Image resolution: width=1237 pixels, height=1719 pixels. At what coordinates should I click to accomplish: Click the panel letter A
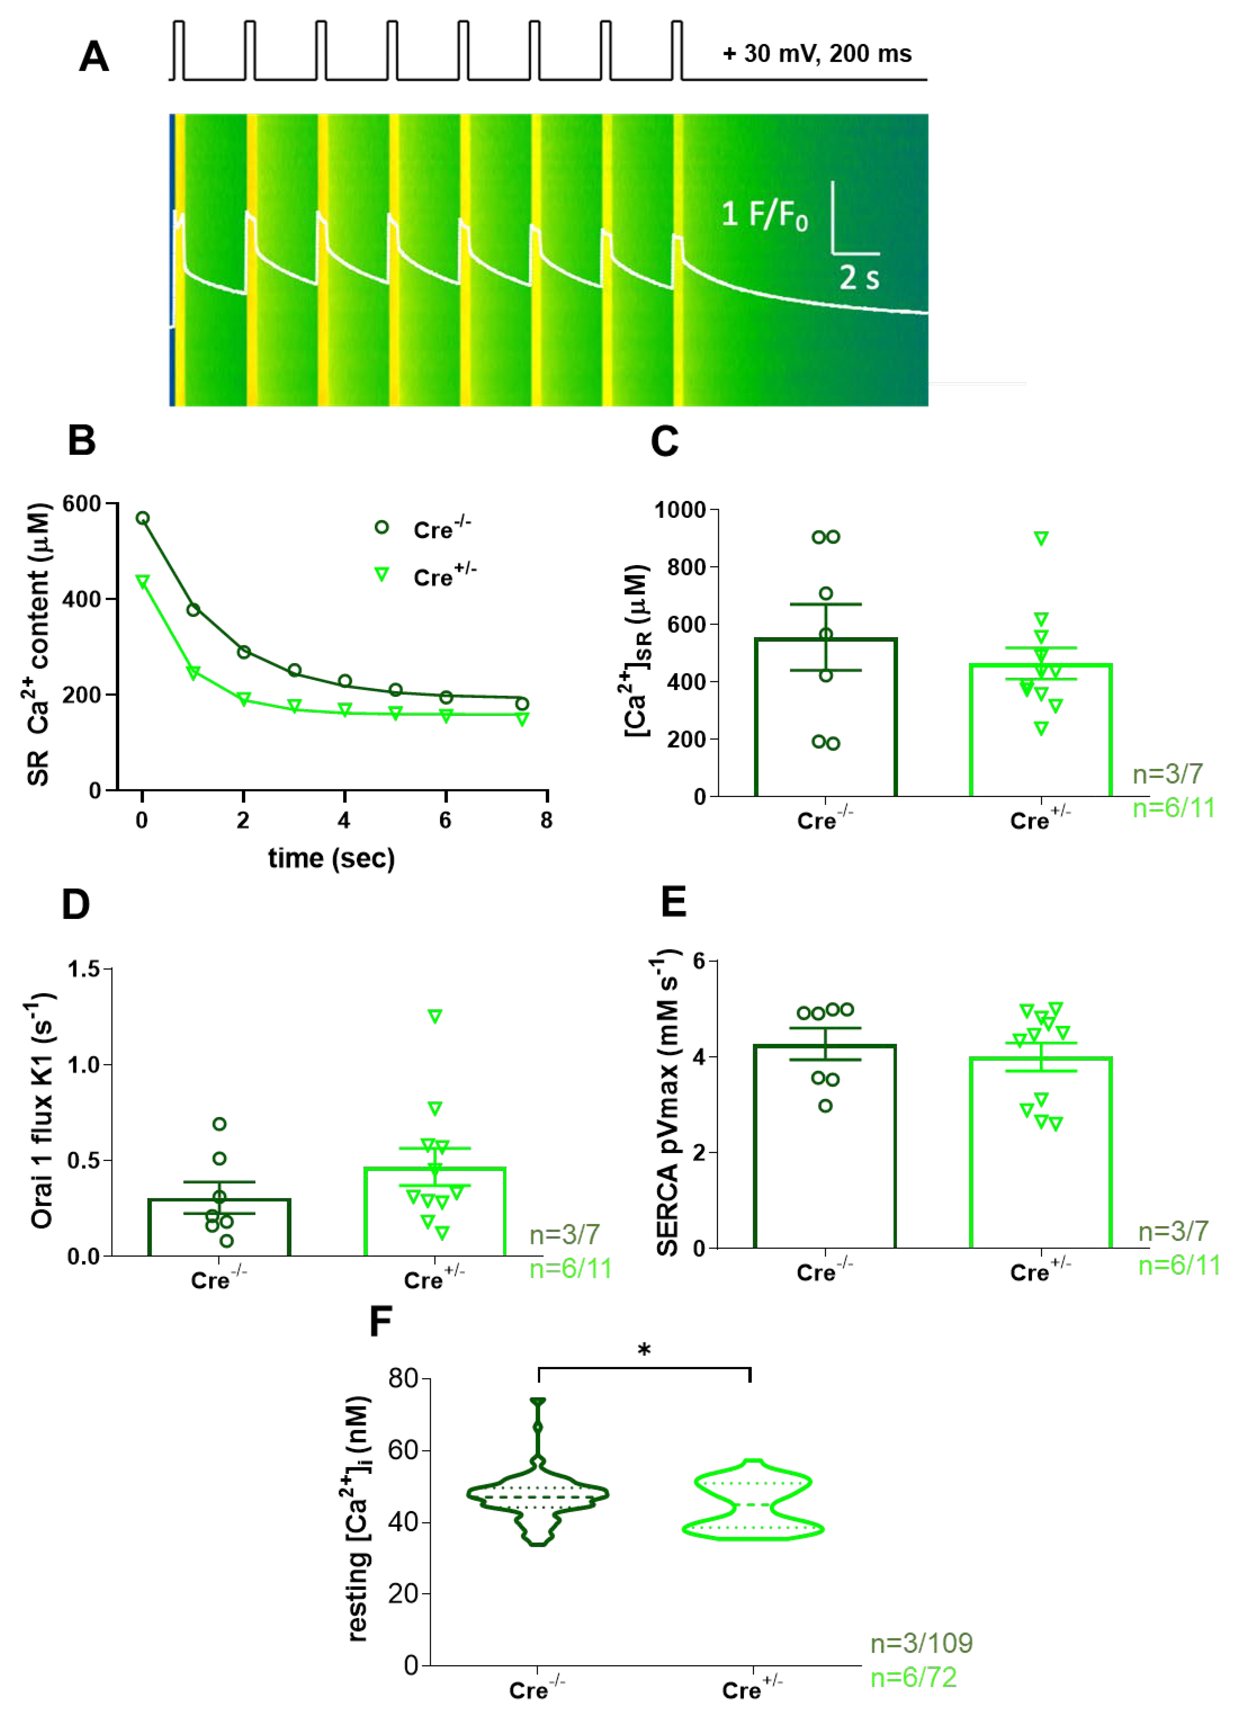pos(94,57)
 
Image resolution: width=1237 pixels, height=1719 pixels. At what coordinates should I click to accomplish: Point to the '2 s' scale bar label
pos(859,278)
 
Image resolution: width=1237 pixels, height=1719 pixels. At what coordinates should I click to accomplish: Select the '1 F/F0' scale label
pos(764,215)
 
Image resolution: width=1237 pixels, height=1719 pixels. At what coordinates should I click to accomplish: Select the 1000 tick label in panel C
pos(680,510)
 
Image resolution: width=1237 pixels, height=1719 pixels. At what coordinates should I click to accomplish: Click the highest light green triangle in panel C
pos(1041,538)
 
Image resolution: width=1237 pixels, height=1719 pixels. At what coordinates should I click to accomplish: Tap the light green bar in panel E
pos(1041,1152)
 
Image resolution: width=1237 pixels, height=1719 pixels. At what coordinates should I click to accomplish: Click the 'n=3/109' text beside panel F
pos(921,1643)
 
